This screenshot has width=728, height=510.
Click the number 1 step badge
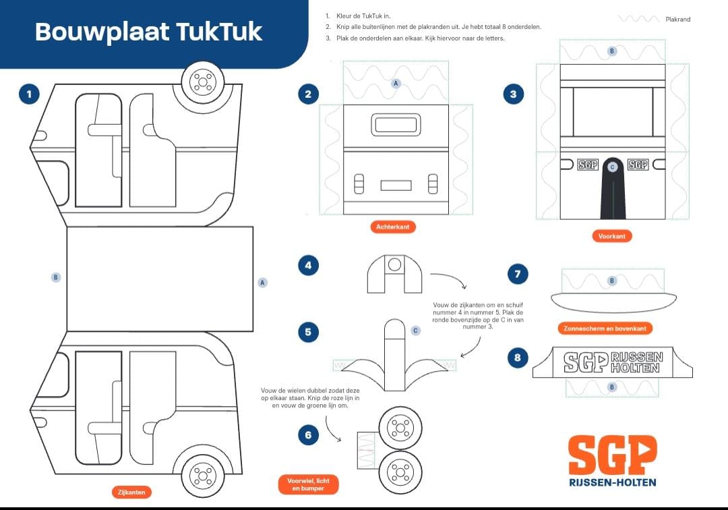pyautogui.click(x=28, y=94)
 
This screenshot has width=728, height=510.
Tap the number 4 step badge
pyautogui.click(x=308, y=266)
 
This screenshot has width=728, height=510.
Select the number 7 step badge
pyautogui.click(x=517, y=274)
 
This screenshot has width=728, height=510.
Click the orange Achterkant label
pyautogui.click(x=392, y=227)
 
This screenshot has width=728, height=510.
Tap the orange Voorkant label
pyautogui.click(x=612, y=236)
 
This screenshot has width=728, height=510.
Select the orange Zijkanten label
pyautogui.click(x=131, y=492)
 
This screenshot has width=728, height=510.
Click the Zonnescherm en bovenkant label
pyautogui.click(x=605, y=329)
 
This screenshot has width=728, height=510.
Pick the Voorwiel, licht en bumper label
pyautogui.click(x=308, y=484)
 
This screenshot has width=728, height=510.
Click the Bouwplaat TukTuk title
pyautogui.click(x=148, y=31)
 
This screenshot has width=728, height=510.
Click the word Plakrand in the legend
pyautogui.click(x=677, y=20)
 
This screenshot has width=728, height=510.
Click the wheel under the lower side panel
pyautogui.click(x=202, y=475)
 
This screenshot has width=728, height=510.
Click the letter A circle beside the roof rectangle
pyautogui.click(x=263, y=283)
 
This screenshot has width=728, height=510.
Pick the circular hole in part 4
pyautogui.click(x=395, y=264)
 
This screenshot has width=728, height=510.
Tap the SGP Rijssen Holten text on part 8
pyautogui.click(x=613, y=362)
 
